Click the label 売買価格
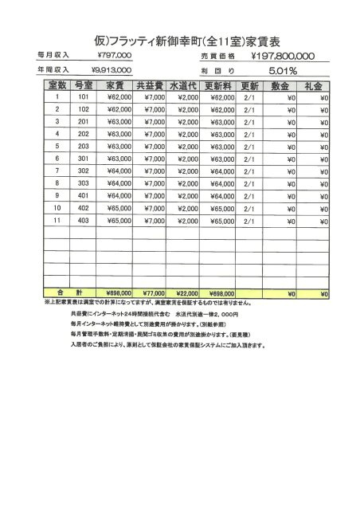[218, 57]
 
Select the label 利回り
[218, 71]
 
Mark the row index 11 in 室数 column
[57, 220]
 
